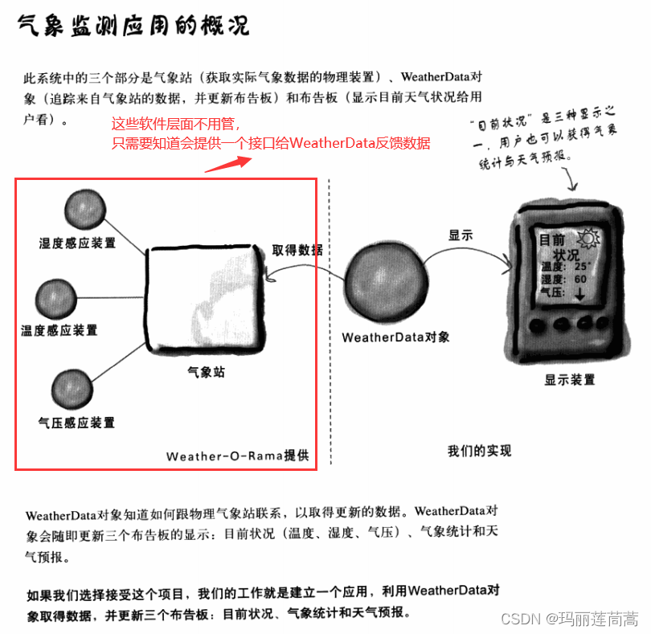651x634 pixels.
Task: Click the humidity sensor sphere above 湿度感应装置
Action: click(85, 209)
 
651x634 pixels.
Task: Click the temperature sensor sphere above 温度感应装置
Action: click(56, 299)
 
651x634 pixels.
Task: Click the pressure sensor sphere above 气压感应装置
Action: click(72, 390)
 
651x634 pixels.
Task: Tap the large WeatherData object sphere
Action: click(386, 281)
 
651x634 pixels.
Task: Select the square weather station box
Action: click(206, 298)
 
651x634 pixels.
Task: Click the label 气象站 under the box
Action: click(206, 372)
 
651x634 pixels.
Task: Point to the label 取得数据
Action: click(297, 250)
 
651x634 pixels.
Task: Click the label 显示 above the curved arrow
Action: click(461, 235)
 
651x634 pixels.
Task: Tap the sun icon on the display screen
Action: click(588, 239)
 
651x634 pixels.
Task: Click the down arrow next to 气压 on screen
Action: click(579, 294)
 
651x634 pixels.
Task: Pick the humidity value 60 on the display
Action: click(580, 279)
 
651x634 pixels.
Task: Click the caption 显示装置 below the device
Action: click(570, 379)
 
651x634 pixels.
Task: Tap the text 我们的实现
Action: click(479, 451)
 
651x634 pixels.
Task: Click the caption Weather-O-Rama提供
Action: click(237, 456)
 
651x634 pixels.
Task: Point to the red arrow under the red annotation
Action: click(228, 165)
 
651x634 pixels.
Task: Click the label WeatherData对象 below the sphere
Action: click(395, 337)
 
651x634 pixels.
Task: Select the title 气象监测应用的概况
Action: click(133, 26)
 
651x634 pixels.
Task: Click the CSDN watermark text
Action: click(570, 619)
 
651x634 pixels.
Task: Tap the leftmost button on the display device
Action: click(537, 325)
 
